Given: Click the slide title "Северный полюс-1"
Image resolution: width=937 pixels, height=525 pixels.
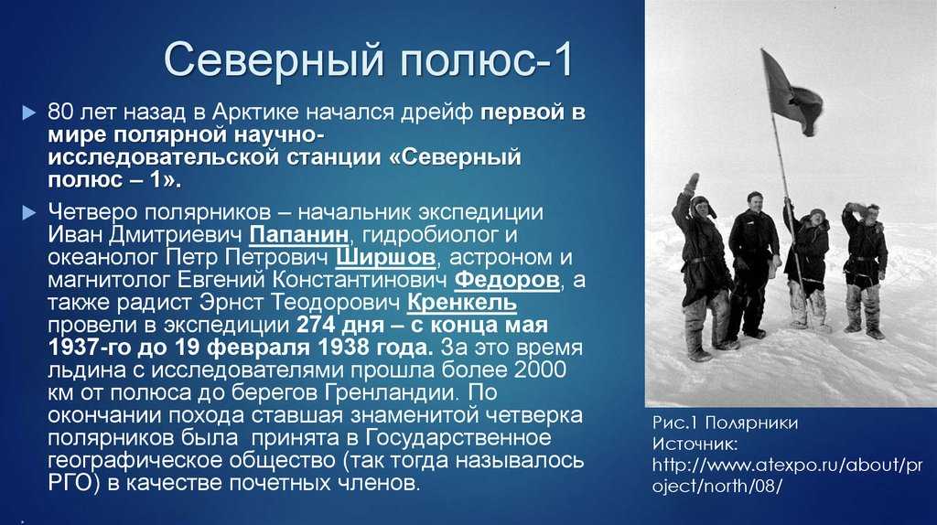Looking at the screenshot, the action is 369,59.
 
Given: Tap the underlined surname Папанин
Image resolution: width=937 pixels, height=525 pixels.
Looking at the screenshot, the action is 299,235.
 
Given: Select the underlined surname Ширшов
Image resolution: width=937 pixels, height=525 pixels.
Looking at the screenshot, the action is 385,257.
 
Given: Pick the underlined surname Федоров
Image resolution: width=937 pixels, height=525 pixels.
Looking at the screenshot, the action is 507,280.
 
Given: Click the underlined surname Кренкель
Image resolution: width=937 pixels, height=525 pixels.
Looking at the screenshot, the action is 461,302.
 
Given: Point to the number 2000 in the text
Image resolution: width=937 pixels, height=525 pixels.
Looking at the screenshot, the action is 540,370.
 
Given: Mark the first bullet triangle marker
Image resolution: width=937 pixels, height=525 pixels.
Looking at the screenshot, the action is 28,112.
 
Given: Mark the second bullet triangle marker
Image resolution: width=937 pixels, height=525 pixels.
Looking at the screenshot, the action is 28,212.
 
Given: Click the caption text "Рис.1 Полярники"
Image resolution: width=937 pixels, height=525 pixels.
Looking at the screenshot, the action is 725,423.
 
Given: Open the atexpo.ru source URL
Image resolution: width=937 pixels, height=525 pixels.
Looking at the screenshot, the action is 787,475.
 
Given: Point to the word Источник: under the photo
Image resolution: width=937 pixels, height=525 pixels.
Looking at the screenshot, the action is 695,444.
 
